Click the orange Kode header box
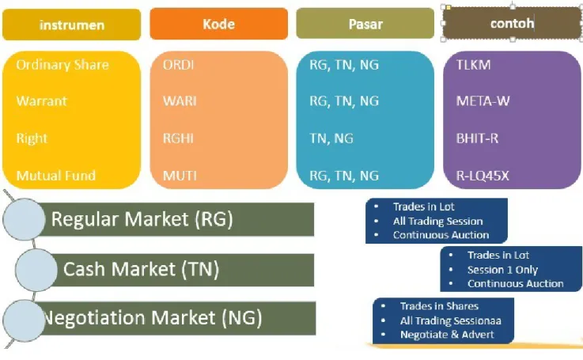point(218,24)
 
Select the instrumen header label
point(72,25)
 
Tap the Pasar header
point(365,25)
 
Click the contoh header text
point(512,24)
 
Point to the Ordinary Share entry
point(62,65)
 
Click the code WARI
point(180,100)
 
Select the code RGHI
point(178,138)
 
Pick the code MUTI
point(180,176)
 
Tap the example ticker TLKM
point(473,65)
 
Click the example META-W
point(483,100)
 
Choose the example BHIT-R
point(477,138)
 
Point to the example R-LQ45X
point(483,176)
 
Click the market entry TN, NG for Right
point(331,138)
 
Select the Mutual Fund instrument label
point(56,176)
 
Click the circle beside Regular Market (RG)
point(24,219)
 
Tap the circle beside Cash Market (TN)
point(36,270)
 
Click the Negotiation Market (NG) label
point(153,318)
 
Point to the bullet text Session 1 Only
point(502,270)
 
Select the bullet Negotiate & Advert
point(447,335)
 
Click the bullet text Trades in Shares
point(439,306)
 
